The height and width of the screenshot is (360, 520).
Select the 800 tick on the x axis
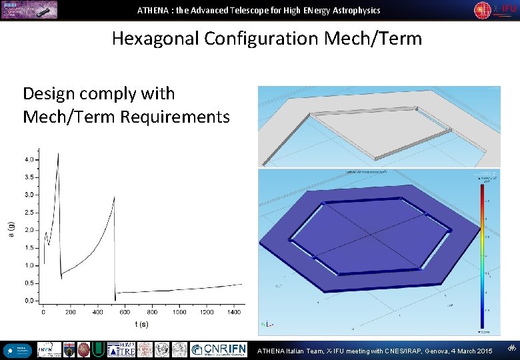(x=152, y=311)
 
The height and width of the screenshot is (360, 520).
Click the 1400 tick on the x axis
(x=234, y=311)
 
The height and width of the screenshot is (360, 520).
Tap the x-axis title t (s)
(x=141, y=325)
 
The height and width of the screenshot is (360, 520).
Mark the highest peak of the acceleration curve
(x=58, y=153)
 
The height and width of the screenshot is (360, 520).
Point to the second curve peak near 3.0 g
(x=114, y=197)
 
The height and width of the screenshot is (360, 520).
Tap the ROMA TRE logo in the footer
(x=122, y=349)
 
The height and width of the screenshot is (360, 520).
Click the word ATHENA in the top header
(x=153, y=10)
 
